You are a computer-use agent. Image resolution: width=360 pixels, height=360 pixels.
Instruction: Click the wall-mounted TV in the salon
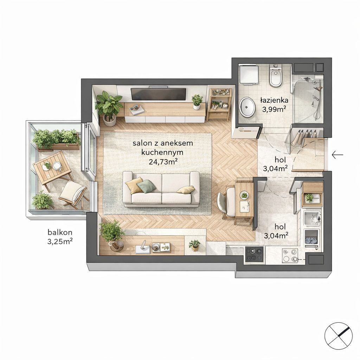tap(158, 94)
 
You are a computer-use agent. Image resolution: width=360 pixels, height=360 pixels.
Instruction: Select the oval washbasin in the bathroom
tap(247, 107)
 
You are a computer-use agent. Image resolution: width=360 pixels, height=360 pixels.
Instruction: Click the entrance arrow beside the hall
tap(337, 155)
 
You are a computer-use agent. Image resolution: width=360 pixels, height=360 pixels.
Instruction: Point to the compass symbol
tap(339, 336)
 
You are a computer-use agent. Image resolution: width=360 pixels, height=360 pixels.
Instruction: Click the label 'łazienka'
tap(274, 100)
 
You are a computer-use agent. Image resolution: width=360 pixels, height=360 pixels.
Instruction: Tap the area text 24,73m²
tap(163, 162)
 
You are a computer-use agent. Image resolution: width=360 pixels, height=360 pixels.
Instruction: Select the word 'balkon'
tap(60, 232)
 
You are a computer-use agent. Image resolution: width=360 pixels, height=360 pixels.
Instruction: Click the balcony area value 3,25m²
tap(60, 241)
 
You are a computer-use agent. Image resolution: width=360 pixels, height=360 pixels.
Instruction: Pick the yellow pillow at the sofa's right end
tap(186, 189)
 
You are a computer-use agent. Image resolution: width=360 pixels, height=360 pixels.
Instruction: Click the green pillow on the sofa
tap(146, 186)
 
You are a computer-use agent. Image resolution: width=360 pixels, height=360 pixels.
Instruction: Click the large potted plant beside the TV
tap(109, 108)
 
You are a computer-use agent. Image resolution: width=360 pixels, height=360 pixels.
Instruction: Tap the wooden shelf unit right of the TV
tap(219, 104)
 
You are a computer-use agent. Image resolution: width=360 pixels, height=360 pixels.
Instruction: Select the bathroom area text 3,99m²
tap(274, 109)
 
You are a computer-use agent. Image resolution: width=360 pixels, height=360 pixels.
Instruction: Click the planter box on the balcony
tap(56, 140)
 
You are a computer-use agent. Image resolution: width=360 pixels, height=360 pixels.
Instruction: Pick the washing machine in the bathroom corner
tap(249, 75)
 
